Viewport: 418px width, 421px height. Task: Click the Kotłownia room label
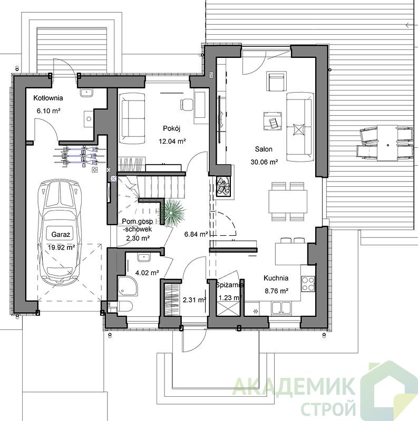click(x=48, y=98)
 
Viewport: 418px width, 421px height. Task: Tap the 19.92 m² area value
click(x=61, y=247)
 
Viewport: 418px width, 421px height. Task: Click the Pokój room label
click(x=172, y=128)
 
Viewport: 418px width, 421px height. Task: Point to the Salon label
click(x=264, y=149)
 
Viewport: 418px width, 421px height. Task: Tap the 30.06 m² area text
click(x=264, y=162)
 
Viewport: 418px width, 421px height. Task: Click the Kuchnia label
click(x=276, y=278)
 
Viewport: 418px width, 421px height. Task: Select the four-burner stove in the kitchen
click(x=308, y=284)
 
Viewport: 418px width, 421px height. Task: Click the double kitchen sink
click(x=281, y=308)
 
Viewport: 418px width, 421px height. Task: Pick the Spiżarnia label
click(x=230, y=285)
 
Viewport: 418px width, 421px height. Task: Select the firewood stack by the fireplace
click(x=223, y=185)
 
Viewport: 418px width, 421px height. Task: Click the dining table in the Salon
click(x=288, y=202)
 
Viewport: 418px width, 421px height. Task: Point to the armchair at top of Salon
click(x=277, y=81)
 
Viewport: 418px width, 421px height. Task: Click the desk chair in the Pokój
click(x=187, y=104)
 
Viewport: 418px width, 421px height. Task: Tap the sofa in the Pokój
click(x=132, y=118)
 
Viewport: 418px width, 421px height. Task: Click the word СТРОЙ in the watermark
click(x=328, y=409)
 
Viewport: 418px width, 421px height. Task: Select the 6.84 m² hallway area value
click(x=196, y=234)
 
